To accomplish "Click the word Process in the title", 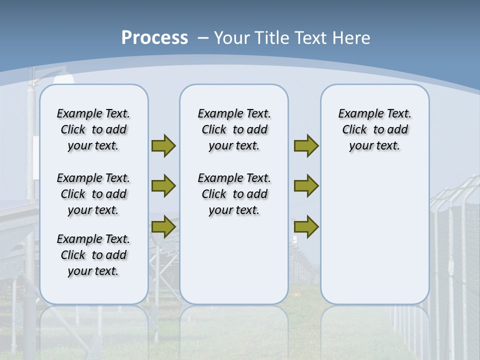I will [x=154, y=38].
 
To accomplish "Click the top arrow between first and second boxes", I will [x=163, y=146].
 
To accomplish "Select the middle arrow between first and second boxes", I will [x=163, y=186].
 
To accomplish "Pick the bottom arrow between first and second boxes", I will [x=163, y=227].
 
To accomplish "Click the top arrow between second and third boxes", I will [x=306, y=146].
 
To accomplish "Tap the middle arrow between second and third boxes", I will [x=306, y=186].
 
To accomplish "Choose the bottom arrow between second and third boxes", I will [x=306, y=227].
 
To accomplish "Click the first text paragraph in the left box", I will [x=93, y=129].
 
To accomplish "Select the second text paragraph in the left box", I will [x=93, y=194].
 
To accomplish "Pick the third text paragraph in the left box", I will [x=93, y=255].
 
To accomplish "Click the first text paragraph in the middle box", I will [x=234, y=129].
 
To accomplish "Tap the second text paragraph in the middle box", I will [x=234, y=194].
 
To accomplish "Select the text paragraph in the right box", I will [x=374, y=129].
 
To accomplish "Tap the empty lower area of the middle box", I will [x=234, y=260].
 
